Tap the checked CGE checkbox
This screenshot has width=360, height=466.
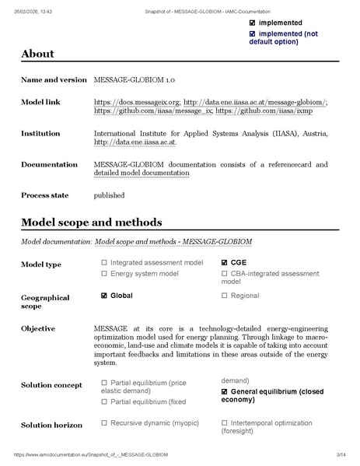pos(225,263)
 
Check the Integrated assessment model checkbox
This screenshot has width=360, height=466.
pos(104,263)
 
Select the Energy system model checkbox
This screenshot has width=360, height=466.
pos(104,273)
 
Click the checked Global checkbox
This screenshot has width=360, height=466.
pos(104,296)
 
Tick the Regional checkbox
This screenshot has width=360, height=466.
pos(225,296)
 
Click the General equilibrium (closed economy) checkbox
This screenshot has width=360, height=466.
pos(225,391)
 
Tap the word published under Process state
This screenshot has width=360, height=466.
pos(108,195)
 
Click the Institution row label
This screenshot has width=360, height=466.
pos(43,134)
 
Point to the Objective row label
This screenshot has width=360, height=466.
pos(39,328)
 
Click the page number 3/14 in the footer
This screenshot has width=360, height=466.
pos(341,453)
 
